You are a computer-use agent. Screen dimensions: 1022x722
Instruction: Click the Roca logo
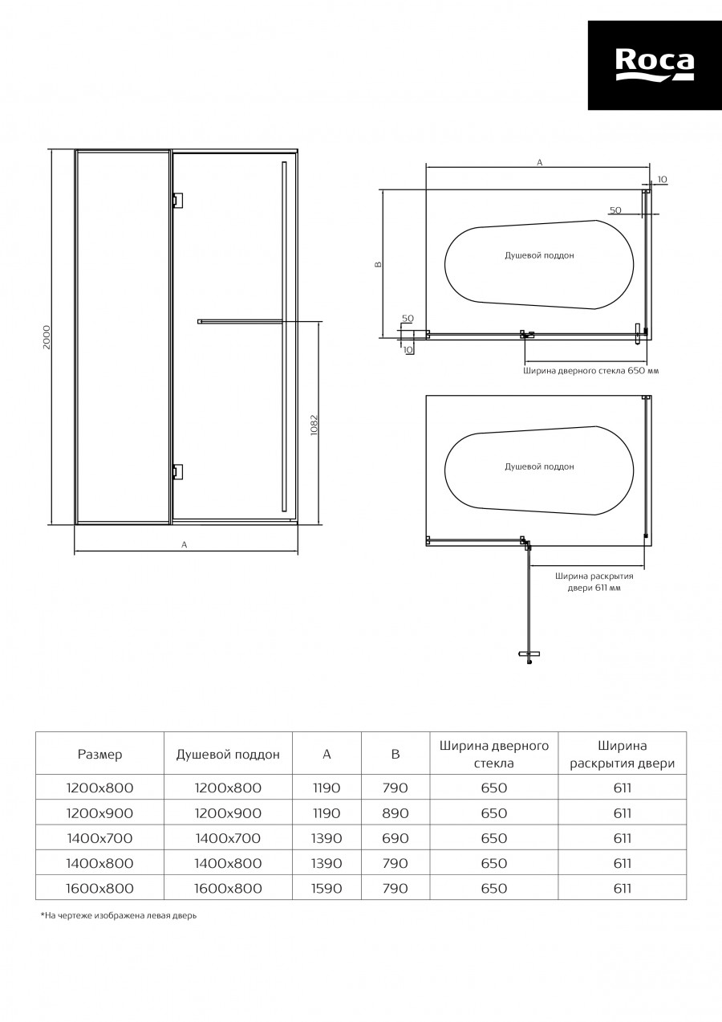click(655, 65)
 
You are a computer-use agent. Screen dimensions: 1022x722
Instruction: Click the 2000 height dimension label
click(47, 337)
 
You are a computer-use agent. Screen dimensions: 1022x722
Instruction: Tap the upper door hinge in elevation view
click(178, 200)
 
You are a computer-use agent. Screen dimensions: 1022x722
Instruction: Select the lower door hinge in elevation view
click(178, 472)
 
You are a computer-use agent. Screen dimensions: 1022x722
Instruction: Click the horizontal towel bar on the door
click(240, 321)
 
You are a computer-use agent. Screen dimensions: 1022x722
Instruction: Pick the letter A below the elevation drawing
click(185, 544)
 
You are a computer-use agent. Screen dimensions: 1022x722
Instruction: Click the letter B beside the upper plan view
click(378, 264)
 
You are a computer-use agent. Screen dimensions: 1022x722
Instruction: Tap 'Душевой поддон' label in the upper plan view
click(539, 255)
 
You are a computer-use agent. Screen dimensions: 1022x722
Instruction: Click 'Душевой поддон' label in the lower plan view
click(539, 466)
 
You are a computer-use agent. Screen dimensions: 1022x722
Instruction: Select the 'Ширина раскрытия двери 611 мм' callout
click(594, 581)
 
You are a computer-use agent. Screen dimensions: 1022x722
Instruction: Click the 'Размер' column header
click(100, 754)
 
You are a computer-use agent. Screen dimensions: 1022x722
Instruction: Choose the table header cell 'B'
click(395, 754)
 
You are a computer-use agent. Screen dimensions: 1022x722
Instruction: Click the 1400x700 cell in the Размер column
click(100, 838)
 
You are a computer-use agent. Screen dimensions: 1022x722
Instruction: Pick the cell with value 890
click(395, 812)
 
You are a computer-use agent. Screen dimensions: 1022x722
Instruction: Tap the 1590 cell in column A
click(327, 888)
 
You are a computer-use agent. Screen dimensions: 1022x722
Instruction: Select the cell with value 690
click(395, 838)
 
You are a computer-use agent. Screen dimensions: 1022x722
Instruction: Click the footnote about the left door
click(119, 915)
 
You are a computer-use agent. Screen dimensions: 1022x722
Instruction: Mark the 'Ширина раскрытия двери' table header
click(623, 755)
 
